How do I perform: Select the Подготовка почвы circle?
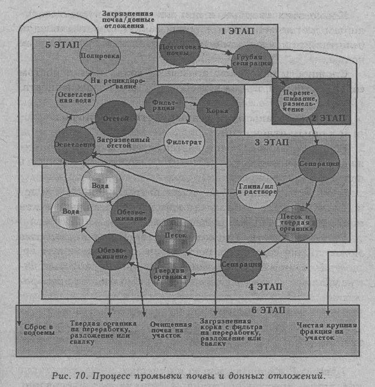tap(176, 49)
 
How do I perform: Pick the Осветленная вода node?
tap(74, 94)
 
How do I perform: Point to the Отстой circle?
tap(115, 117)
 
